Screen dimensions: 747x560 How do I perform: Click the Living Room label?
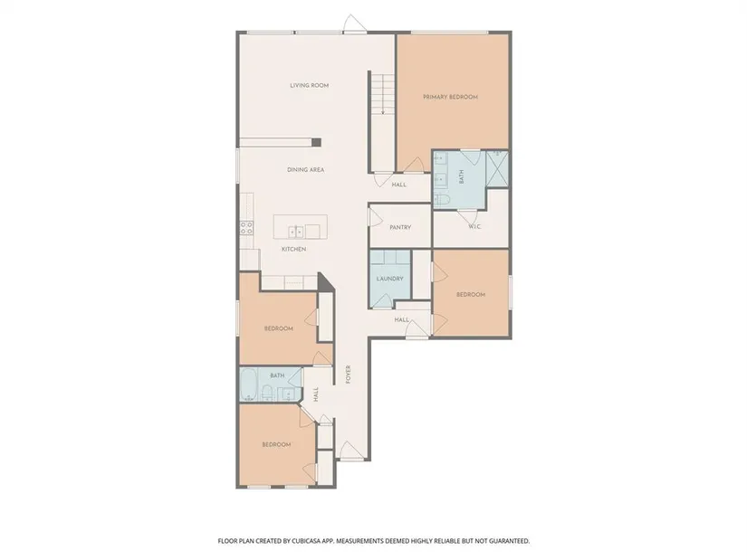point(309,86)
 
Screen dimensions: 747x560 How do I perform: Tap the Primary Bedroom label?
point(450,97)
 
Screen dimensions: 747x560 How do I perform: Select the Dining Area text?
point(305,170)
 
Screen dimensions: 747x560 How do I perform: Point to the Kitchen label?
point(293,249)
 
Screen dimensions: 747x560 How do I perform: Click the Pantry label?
point(400,228)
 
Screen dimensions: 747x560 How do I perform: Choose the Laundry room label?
point(389,279)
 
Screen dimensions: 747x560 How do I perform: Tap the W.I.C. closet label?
point(474,227)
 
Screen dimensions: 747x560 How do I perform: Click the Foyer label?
point(348,375)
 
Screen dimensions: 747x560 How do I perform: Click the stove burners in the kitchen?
point(246,228)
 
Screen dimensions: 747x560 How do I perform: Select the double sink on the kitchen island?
point(296,232)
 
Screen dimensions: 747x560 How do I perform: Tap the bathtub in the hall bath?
point(248,384)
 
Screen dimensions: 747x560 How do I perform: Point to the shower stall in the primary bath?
point(497,169)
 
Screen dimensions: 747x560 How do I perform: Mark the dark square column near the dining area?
point(316,142)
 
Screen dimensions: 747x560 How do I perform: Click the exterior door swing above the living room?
point(355,24)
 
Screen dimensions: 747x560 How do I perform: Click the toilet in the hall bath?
point(267,393)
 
